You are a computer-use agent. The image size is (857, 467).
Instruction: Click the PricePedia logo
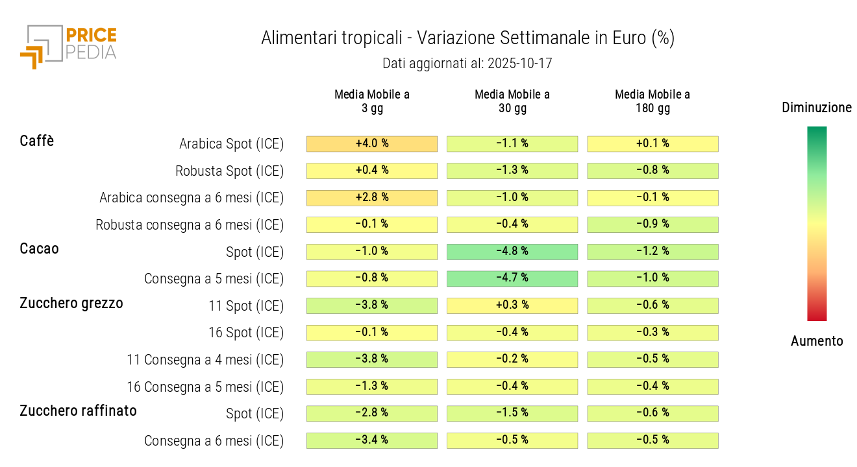pos(68,45)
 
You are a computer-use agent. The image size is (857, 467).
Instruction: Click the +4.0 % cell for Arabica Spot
pos(372,143)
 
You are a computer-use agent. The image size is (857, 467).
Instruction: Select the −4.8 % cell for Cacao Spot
pos(512,251)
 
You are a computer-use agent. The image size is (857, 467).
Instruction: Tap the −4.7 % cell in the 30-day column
pos(512,278)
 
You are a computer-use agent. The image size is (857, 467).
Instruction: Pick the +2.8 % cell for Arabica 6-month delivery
pos(372,197)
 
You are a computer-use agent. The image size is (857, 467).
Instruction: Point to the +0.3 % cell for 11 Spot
pos(512,305)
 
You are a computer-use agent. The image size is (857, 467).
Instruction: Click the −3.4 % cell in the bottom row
pos(372,440)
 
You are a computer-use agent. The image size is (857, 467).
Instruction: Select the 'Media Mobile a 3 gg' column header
pos(372,101)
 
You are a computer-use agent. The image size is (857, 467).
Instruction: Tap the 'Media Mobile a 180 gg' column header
pos(652,101)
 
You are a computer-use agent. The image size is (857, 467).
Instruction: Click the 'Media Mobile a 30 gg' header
pos(512,101)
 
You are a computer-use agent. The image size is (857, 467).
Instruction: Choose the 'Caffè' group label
pos(37,141)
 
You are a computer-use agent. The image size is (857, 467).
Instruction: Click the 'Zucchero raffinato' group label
pos(78,411)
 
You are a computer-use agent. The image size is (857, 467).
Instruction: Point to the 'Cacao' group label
pos(39,248)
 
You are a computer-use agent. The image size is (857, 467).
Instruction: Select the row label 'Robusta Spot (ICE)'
pos(230,171)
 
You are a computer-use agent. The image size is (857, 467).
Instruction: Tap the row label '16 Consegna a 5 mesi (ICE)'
pos(205,387)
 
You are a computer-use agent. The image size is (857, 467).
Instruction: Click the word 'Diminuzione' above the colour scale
pos(817,108)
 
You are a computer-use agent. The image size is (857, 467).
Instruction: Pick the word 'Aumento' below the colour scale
pos(817,341)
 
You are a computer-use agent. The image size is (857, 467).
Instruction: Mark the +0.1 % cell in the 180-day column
pos(652,143)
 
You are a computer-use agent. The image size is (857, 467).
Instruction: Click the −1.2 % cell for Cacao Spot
pos(652,251)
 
